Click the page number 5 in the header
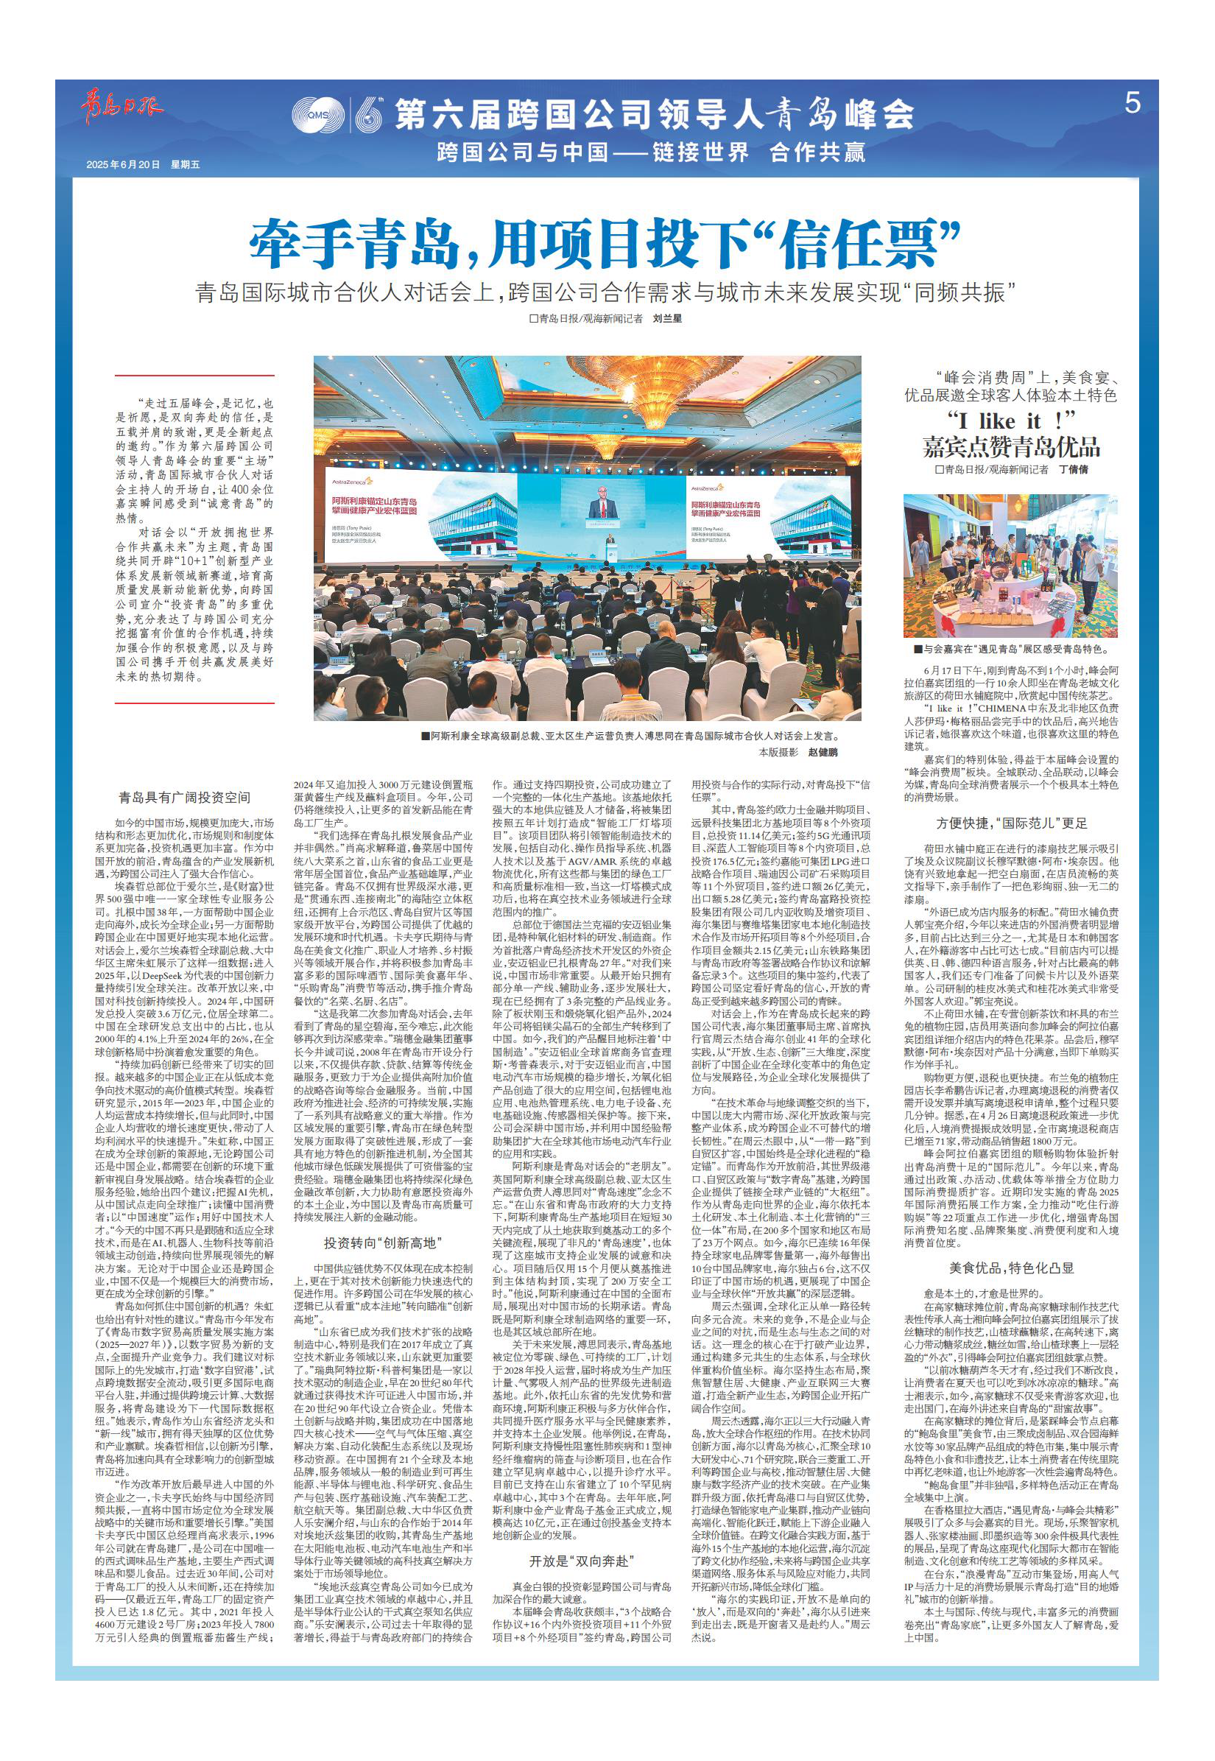(1132, 104)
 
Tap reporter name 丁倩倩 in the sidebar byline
(1074, 471)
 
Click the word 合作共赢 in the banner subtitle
(817, 152)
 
